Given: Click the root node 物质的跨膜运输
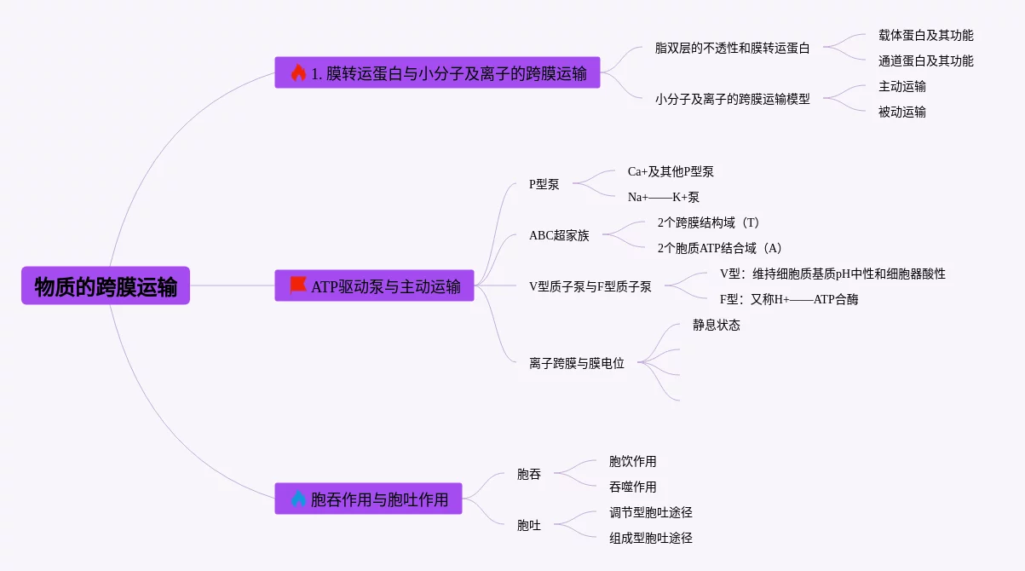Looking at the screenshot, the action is click(106, 286).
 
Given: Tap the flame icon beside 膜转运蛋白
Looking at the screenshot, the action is click(298, 73).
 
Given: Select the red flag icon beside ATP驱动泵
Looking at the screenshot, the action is click(298, 285).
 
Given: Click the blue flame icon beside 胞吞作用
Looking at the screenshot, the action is click(298, 499).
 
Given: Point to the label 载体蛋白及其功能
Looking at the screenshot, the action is click(925, 36).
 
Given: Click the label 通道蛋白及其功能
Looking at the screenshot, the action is click(925, 61).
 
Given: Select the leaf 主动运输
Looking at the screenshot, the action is click(901, 87).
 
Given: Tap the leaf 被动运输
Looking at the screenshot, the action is click(901, 112).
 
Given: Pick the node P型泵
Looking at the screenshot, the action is click(544, 184).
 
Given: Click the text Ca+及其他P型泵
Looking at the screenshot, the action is click(671, 172).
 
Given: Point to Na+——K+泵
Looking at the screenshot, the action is click(663, 198).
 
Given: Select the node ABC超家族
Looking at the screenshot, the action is click(559, 236).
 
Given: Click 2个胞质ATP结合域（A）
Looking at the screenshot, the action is click(719, 249).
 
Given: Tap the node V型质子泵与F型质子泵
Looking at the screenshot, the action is click(590, 287).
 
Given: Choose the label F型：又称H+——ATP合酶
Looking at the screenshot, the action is click(788, 300).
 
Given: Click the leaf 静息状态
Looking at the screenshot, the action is click(716, 326).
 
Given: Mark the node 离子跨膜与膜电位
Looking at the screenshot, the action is click(576, 364).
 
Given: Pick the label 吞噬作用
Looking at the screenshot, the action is click(632, 487).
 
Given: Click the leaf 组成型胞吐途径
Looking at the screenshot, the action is click(650, 539).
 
